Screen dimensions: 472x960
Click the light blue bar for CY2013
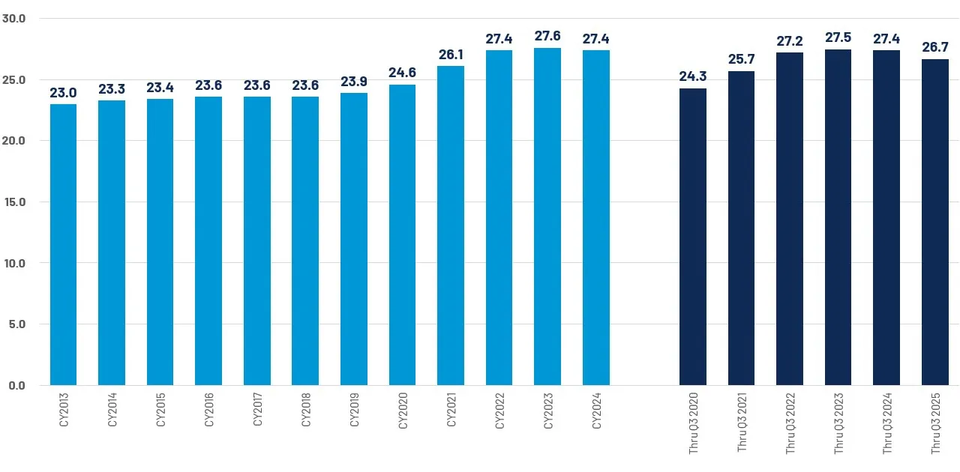click(x=63, y=245)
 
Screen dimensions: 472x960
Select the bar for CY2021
click(x=451, y=226)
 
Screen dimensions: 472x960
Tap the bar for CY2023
click(x=547, y=217)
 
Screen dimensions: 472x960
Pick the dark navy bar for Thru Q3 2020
click(x=693, y=237)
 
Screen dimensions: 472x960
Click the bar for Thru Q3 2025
click(x=935, y=223)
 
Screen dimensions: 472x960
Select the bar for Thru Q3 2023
click(x=838, y=217)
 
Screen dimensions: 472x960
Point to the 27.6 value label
click(x=547, y=36)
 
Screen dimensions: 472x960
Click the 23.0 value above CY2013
click(x=63, y=92)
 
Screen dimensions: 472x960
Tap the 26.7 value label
click(x=935, y=47)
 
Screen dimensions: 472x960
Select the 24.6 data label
click(x=402, y=73)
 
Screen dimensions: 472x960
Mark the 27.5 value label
click(x=838, y=37)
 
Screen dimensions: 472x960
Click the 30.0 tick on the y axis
click(x=14, y=18)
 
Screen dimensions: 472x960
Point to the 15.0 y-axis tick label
click(x=14, y=202)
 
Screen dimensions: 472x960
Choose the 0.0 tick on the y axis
click(x=16, y=385)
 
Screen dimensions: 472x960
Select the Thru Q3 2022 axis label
click(x=790, y=425)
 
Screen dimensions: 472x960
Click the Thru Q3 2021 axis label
click(x=742, y=425)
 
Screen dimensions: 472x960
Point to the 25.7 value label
click(x=741, y=59)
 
